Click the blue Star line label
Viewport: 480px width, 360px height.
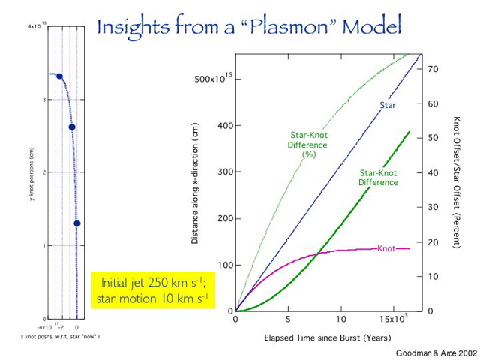point(387,105)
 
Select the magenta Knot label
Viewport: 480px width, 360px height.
point(387,248)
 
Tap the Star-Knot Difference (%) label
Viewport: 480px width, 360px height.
point(309,144)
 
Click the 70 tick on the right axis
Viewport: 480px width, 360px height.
point(432,69)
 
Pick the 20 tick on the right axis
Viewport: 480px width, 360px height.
point(432,241)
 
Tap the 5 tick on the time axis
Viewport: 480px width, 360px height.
point(289,319)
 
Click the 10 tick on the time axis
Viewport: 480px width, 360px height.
point(341,319)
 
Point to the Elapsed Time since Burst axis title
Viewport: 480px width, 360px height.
point(327,337)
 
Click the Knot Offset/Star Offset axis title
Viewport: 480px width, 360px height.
point(455,182)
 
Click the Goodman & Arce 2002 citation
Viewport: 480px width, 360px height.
point(434,351)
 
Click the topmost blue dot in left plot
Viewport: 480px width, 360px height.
point(59,76)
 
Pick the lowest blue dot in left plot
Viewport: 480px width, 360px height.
point(76,223)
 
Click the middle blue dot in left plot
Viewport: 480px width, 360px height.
point(72,127)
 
